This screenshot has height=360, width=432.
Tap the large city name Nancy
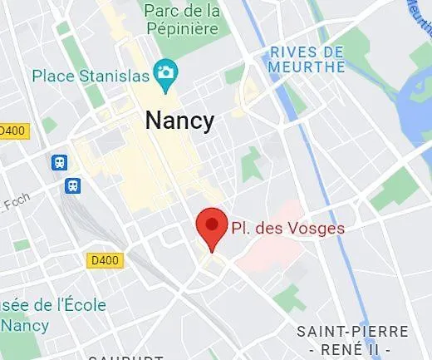[x=179, y=120]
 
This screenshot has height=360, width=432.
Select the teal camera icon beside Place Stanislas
[x=166, y=73]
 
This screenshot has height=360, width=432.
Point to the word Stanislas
[x=111, y=76]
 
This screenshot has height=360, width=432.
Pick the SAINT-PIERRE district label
[x=352, y=332]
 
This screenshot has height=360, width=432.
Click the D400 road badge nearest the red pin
[x=103, y=260]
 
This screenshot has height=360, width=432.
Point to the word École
[x=82, y=304]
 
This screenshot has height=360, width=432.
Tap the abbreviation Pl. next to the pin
[x=243, y=227]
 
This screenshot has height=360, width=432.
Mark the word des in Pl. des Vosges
[x=272, y=227]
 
